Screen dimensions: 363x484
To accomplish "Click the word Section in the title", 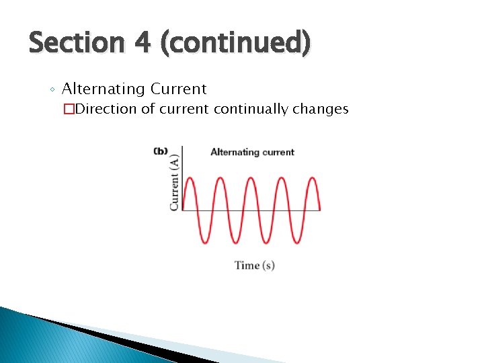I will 76,44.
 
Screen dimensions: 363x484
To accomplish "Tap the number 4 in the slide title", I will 142,44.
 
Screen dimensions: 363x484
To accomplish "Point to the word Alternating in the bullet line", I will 104,89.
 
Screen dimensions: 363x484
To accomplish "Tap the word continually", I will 257,109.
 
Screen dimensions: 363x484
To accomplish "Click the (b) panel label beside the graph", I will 161,151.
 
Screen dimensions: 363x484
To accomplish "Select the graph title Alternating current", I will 252,152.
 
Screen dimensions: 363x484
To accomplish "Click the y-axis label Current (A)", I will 175,182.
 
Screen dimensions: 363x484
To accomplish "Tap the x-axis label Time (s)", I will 254,266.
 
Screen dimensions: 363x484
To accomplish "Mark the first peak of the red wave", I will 190,177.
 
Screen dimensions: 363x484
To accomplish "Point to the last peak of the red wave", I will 312,177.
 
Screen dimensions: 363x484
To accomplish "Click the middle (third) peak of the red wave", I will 251,177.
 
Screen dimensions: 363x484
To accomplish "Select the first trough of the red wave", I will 205,243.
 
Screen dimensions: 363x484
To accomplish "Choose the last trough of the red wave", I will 296,243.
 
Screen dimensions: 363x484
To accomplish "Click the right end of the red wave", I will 319,209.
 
